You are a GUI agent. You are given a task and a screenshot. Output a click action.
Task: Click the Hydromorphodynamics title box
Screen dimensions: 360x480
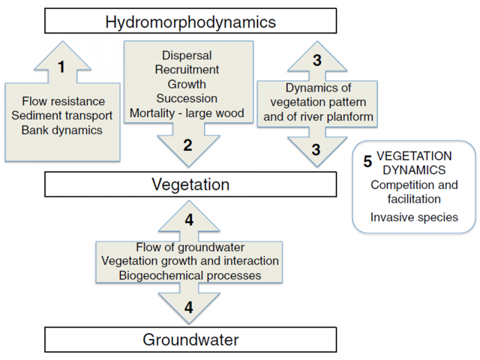tap(190, 22)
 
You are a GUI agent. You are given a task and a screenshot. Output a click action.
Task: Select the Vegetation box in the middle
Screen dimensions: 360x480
tap(190, 184)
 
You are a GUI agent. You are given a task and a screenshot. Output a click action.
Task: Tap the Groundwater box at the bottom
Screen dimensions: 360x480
tap(190, 340)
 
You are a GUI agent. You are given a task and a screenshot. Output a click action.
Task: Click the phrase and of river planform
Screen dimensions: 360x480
tap(318, 116)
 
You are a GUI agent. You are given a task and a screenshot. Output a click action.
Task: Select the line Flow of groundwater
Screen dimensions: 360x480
tap(190, 247)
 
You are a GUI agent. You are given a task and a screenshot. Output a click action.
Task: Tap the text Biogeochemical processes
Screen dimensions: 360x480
tap(190, 275)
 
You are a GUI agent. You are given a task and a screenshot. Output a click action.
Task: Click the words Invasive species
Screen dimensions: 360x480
tap(414, 217)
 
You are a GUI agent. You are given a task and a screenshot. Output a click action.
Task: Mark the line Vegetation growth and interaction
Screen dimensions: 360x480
tap(190, 261)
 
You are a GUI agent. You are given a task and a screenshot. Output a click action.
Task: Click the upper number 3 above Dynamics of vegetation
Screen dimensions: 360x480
tap(318, 61)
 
